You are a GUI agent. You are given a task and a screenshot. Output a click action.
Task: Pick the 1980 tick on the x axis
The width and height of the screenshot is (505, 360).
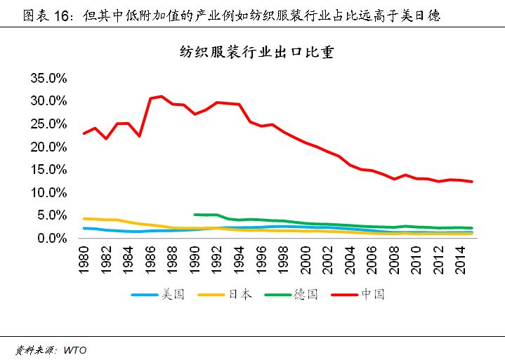(x=85, y=259)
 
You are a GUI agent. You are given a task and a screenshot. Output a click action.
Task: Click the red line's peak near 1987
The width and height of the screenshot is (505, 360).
(x=162, y=96)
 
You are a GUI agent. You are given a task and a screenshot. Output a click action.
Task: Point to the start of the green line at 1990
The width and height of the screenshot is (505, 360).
(x=195, y=214)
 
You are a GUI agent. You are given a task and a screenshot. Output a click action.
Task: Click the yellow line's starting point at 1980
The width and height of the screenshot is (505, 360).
(x=84, y=218)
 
